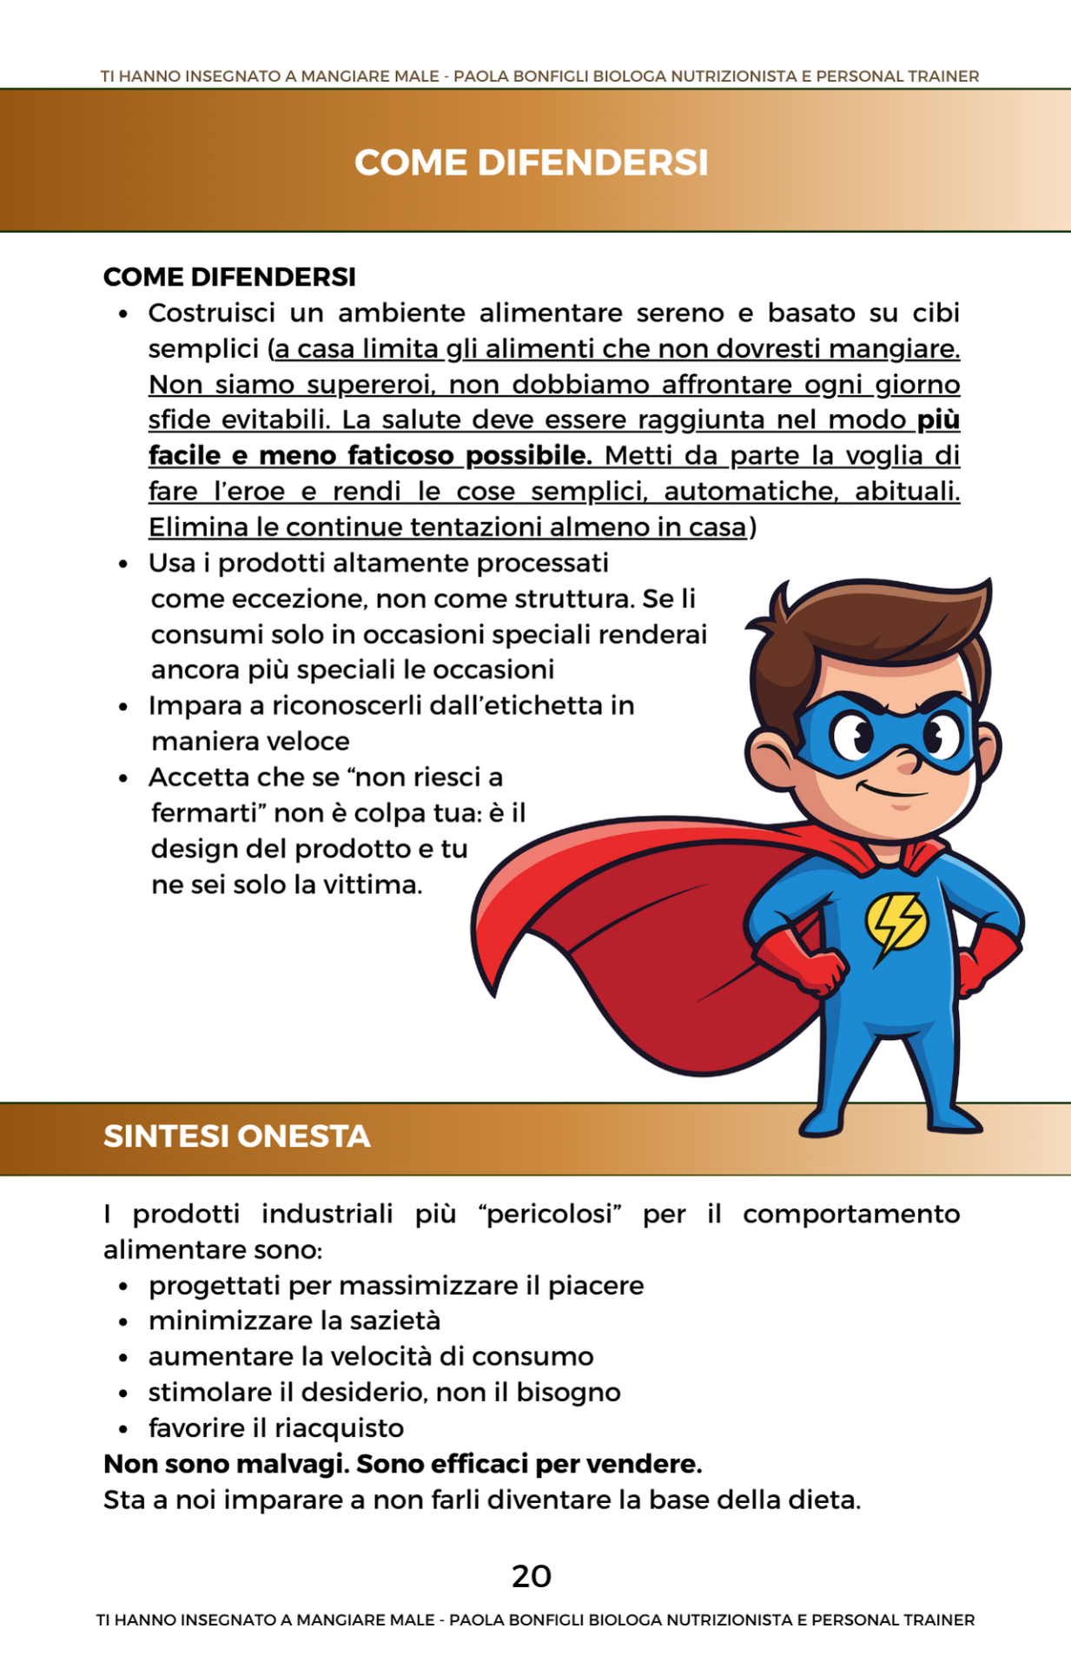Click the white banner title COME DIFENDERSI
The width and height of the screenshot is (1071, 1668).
(531, 162)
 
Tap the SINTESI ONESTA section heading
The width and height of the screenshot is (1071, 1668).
(236, 1136)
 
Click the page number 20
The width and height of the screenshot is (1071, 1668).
(531, 1576)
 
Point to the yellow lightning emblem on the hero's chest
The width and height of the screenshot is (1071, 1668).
(896, 923)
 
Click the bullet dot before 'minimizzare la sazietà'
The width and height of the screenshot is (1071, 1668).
(124, 1322)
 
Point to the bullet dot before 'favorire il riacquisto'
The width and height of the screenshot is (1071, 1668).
(124, 1429)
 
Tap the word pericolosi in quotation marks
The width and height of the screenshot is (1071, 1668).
(550, 1214)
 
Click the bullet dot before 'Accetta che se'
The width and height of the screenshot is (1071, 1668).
(124, 778)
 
